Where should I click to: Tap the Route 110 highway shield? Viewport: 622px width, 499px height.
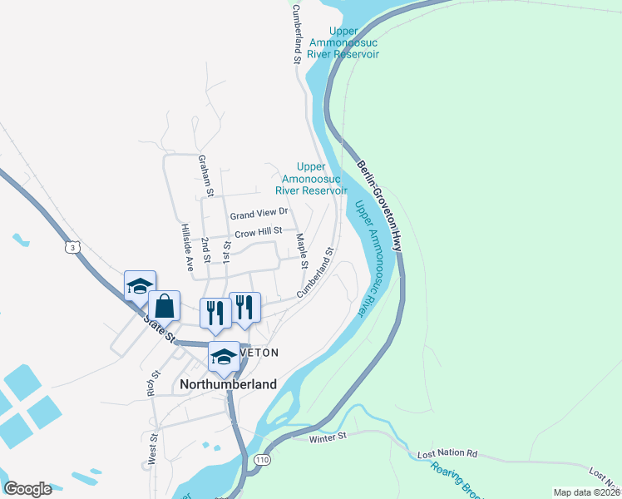click(x=263, y=460)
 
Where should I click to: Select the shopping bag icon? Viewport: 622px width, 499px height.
click(x=165, y=307)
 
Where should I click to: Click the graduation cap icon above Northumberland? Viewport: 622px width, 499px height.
click(x=223, y=357)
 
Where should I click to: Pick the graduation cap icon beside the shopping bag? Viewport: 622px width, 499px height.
click(x=139, y=286)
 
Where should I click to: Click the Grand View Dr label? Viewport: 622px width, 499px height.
click(x=259, y=214)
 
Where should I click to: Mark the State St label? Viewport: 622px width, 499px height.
click(x=159, y=327)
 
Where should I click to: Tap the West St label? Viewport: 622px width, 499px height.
click(x=154, y=448)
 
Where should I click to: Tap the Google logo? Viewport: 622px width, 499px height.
click(x=27, y=489)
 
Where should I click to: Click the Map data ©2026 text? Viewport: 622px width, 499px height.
click(x=586, y=492)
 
